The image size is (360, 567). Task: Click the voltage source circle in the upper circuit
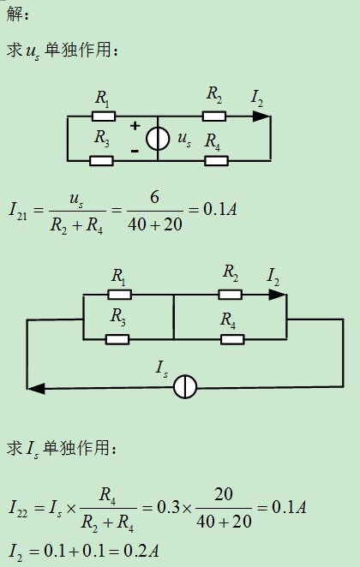tap(158, 138)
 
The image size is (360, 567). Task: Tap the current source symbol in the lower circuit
tap(185, 386)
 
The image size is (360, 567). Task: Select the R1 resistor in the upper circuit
tap(104, 116)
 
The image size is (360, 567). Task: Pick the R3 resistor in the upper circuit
tap(101, 161)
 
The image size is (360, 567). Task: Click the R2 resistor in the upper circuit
tap(214, 116)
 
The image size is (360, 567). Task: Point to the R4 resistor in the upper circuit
tap(216, 161)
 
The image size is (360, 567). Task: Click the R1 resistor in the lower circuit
tap(120, 295)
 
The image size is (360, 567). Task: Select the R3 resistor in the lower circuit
tap(117, 339)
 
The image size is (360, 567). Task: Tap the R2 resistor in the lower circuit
tap(230, 295)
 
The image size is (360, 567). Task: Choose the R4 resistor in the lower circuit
tap(232, 339)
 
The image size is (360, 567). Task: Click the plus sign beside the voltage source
tap(135, 126)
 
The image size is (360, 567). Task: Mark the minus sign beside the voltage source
tap(135, 151)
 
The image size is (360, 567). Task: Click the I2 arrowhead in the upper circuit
tap(261, 116)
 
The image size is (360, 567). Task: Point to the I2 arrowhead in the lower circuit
tap(277, 295)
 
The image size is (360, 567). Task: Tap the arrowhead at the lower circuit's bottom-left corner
tap(36, 389)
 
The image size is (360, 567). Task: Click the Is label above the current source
tap(162, 369)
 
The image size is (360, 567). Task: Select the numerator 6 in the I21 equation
tap(154, 198)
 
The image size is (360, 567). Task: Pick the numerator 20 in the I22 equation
tap(224, 494)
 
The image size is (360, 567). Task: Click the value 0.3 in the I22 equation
tap(168, 507)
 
